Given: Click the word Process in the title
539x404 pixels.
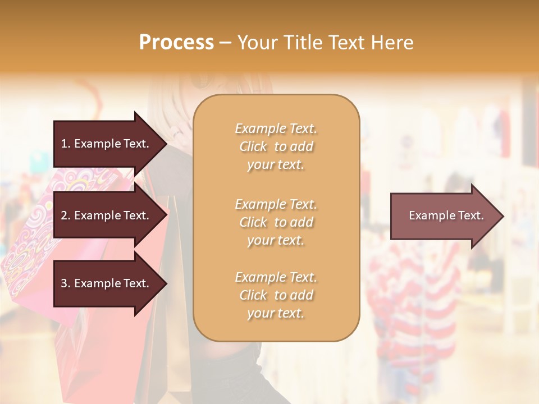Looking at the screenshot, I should click(x=176, y=43).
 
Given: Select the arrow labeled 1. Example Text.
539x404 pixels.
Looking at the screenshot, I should click(x=107, y=144).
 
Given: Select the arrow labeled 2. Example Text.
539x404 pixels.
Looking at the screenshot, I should click(x=107, y=215).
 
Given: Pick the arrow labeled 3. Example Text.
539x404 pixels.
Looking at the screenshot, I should click(x=107, y=283).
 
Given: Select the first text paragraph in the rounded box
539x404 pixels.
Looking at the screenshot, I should click(x=276, y=146).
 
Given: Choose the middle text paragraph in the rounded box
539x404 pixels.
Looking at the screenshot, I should click(x=276, y=222).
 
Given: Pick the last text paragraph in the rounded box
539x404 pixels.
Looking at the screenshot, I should click(x=276, y=295).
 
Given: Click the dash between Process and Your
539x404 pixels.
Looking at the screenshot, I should click(x=225, y=43).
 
